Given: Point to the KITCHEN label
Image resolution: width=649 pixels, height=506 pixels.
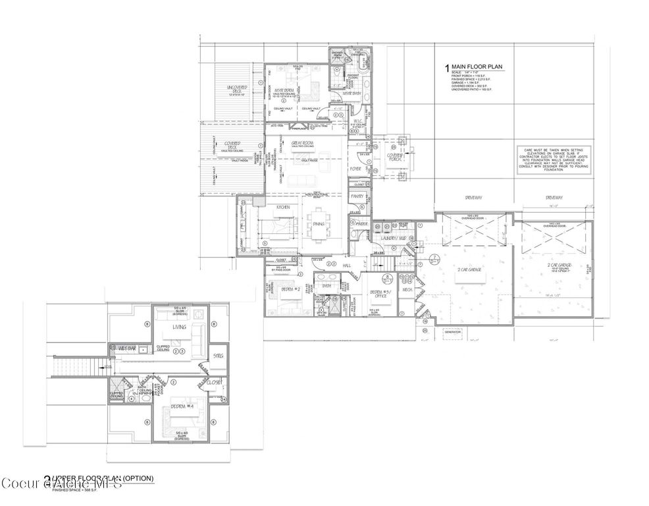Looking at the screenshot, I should pyautogui.click(x=284, y=207).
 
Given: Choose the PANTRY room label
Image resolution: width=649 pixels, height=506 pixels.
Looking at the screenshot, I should pyautogui.click(x=357, y=196).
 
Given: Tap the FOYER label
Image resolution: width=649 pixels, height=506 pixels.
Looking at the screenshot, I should pyautogui.click(x=355, y=169).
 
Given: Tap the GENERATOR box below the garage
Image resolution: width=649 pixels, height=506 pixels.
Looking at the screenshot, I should pyautogui.click(x=454, y=332).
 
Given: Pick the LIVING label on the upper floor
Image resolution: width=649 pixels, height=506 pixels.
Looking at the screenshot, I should pyautogui.click(x=179, y=327).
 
